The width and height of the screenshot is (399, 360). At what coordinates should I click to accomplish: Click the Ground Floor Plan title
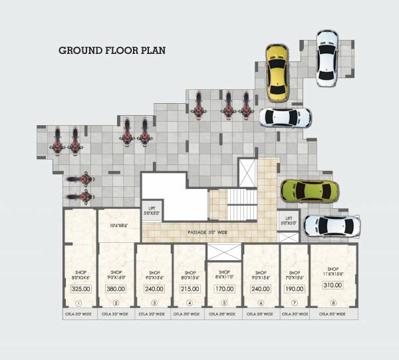(112, 50)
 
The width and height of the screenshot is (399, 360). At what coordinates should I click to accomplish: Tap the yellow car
(276, 71)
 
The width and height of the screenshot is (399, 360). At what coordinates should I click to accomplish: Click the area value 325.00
(80, 289)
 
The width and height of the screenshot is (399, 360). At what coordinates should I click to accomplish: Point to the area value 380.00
(116, 289)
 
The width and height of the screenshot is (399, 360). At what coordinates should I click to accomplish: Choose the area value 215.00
(189, 289)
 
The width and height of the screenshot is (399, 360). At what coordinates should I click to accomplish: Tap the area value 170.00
(224, 289)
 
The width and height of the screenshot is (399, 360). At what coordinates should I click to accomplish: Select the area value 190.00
(293, 289)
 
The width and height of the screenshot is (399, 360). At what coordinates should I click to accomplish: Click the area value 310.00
(332, 285)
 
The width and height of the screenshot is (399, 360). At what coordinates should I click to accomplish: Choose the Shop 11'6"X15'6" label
(332, 271)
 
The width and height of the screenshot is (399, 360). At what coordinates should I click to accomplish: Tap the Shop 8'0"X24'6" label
(80, 275)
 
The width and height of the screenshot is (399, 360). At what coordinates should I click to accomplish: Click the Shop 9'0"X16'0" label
(116, 275)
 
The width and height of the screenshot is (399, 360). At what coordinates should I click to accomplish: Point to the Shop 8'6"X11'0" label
(224, 275)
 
